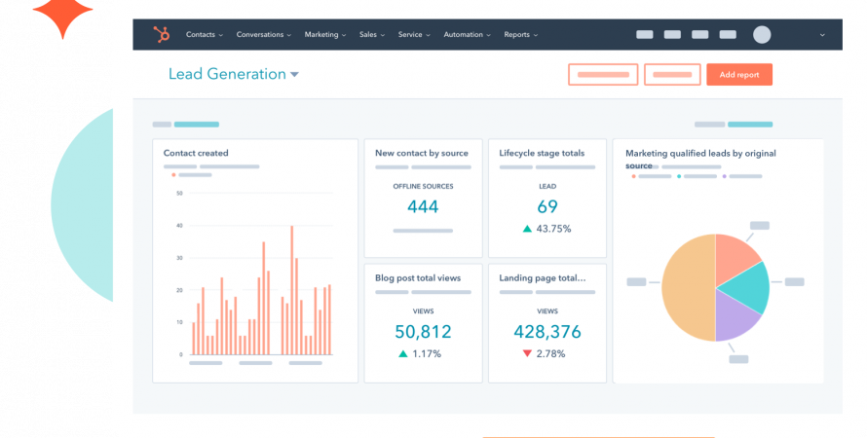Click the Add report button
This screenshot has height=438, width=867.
(x=739, y=75)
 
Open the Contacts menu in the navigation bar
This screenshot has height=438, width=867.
(x=204, y=34)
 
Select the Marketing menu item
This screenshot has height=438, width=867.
(x=325, y=34)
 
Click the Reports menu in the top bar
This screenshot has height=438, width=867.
(x=521, y=34)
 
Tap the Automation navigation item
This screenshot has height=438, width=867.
(x=468, y=34)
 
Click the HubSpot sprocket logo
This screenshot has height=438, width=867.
(x=162, y=34)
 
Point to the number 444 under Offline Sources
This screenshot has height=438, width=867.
(x=423, y=206)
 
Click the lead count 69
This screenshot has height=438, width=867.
(x=547, y=206)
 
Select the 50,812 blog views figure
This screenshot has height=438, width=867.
(x=423, y=331)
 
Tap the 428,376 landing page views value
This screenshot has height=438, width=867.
(x=547, y=331)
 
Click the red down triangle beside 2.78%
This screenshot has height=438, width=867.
(x=527, y=353)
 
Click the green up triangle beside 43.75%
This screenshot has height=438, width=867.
(x=527, y=229)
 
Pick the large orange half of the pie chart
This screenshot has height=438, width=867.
(x=688, y=288)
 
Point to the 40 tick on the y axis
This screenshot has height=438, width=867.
(x=179, y=226)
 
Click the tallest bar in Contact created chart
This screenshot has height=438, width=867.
(x=292, y=290)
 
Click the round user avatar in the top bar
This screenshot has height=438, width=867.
(x=762, y=35)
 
